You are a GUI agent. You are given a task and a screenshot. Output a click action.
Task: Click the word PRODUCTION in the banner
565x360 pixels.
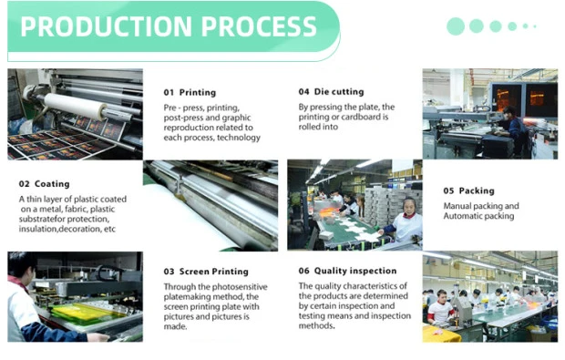coord(107,26)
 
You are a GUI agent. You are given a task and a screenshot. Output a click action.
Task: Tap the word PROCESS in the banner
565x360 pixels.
coord(259,26)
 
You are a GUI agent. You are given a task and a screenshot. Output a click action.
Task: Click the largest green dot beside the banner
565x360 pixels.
coord(456,26)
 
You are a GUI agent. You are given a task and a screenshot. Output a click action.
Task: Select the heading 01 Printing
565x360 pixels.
coord(190,93)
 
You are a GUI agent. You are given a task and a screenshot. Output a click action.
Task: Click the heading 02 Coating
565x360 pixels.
coord(45,184)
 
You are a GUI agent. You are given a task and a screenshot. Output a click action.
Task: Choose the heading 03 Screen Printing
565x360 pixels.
coord(206,272)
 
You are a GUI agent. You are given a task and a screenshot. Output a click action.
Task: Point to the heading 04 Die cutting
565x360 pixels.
coord(331,92)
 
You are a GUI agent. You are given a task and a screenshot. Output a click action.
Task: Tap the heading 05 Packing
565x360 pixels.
coord(468,190)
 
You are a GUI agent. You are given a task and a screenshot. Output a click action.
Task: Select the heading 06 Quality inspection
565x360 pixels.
coord(347,271)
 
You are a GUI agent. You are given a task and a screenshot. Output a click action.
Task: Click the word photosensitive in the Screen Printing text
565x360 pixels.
coord(240,287)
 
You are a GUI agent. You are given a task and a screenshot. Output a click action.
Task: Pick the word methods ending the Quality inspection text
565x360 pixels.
coord(316,325)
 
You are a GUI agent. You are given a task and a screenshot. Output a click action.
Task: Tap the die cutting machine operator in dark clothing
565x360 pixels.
coord(513,129)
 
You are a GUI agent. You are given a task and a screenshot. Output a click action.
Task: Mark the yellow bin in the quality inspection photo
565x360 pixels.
coord(441,334)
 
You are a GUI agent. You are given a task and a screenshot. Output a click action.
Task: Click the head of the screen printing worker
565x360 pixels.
coord(19,265)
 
